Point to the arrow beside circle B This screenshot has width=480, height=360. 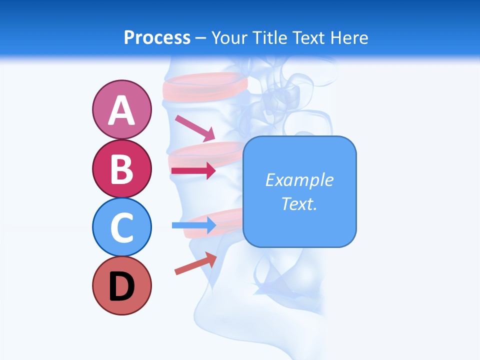click(x=193, y=171)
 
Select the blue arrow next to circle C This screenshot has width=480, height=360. click(x=193, y=225)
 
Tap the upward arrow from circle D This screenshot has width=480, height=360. click(x=195, y=263)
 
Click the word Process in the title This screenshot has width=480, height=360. click(x=157, y=37)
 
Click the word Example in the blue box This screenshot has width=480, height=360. click(x=299, y=180)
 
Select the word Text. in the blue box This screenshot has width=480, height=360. click(x=299, y=203)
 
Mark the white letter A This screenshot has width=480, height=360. click(x=121, y=110)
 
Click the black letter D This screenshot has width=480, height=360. click(x=121, y=286)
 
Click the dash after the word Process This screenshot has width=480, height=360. click(x=200, y=38)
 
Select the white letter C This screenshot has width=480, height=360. click(x=121, y=227)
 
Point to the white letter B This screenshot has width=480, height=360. click(x=121, y=169)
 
